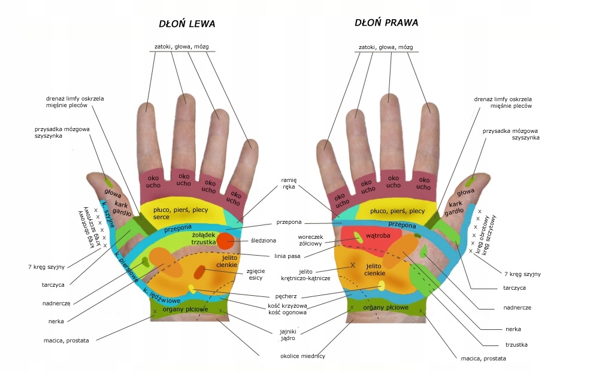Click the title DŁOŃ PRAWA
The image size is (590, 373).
tap(386, 23)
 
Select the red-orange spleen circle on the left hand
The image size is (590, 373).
tap(225, 241)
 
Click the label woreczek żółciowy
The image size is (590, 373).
tap(311, 240)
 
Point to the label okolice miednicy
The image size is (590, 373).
tap(302, 356)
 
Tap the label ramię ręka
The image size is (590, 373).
tap(289, 183)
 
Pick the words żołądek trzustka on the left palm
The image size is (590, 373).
tap(204, 238)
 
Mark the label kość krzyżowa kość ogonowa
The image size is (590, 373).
tap(288, 309)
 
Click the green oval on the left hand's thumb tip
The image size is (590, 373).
tap(108, 181)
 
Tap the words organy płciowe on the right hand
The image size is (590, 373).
tap(386, 308)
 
